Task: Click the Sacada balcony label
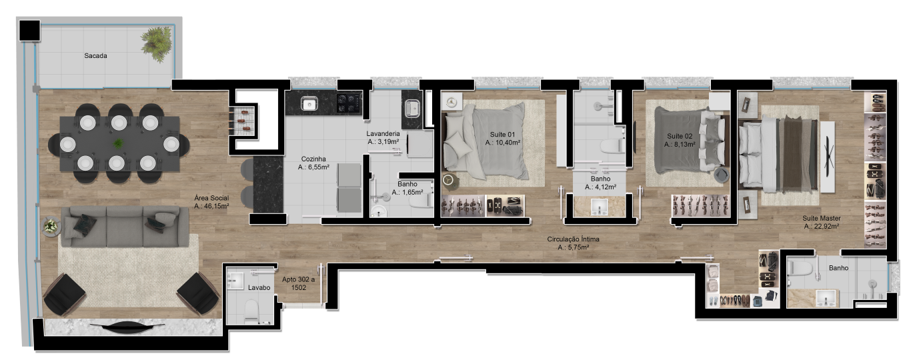[x=95, y=55]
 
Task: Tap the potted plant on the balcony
[x=157, y=43]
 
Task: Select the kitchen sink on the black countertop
[x=309, y=103]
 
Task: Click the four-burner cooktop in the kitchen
[x=349, y=103]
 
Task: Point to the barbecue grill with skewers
[x=245, y=121]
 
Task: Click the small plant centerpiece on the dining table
[x=118, y=143]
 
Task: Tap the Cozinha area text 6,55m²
[x=313, y=167]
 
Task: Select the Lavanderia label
[x=383, y=133]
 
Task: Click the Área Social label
[x=211, y=198]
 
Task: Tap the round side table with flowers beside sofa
[x=51, y=225]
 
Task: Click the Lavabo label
[x=259, y=288]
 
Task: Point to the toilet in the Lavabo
[x=251, y=311]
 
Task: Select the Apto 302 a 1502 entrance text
[x=299, y=283]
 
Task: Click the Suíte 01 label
[x=503, y=135]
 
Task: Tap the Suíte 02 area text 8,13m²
[x=680, y=144]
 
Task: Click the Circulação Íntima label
[x=573, y=239]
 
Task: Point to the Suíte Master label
[x=822, y=218]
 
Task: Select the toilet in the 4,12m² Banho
[x=613, y=145]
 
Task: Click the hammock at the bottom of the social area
[x=127, y=325]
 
